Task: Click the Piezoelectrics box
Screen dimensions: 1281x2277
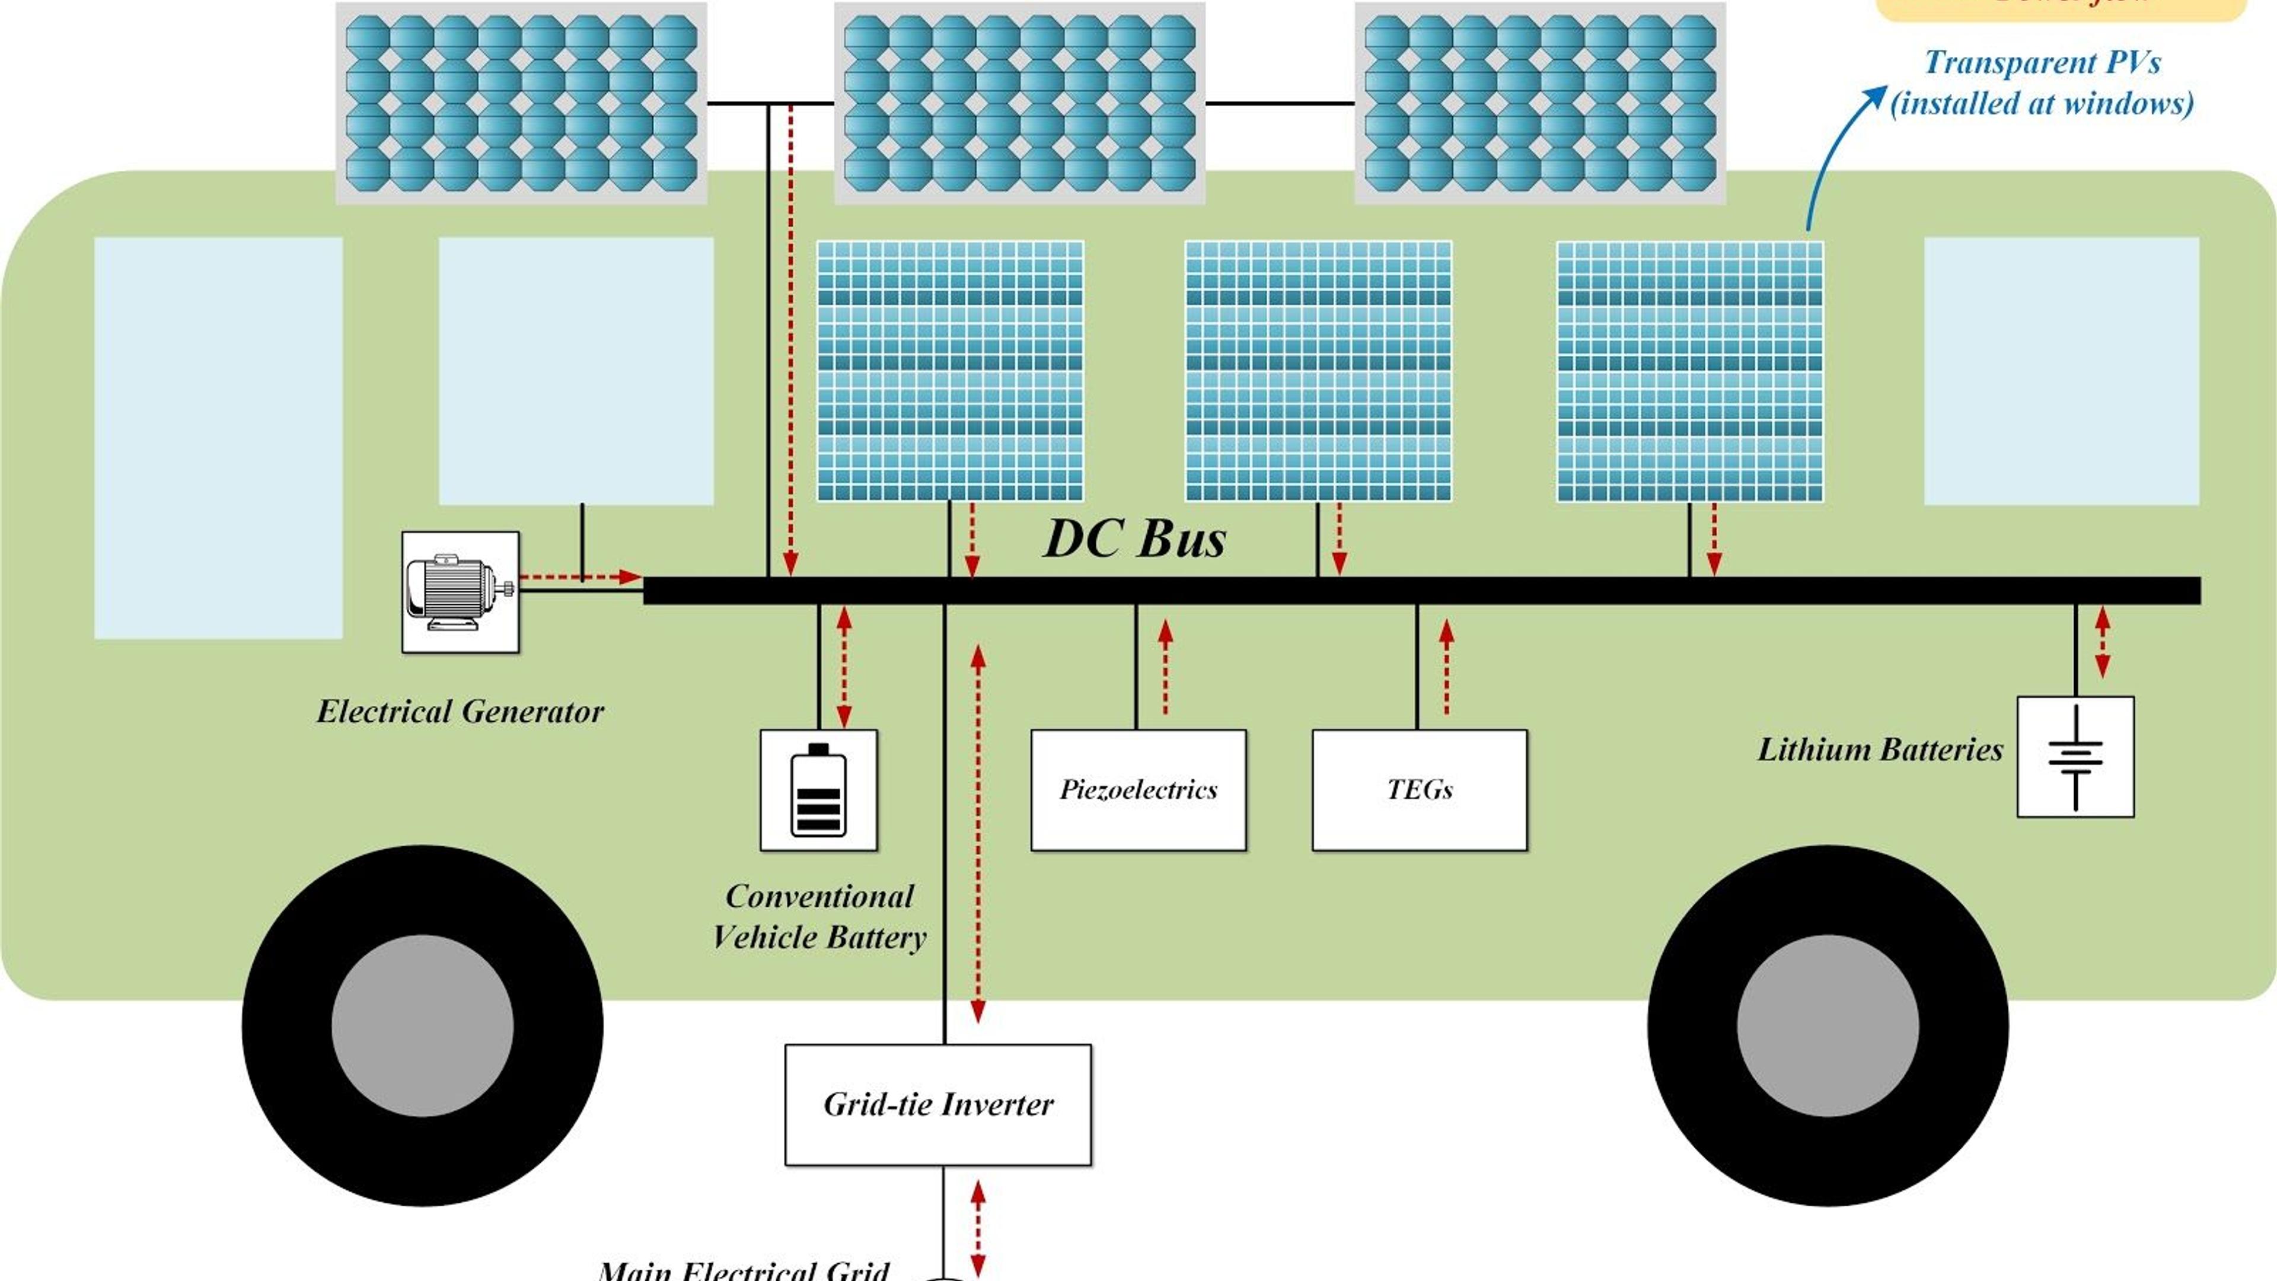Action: (x=1138, y=789)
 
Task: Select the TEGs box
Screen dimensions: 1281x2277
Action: (x=1419, y=789)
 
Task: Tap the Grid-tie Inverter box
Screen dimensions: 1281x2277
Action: (x=938, y=1104)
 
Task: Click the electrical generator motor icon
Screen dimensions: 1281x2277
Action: (x=460, y=591)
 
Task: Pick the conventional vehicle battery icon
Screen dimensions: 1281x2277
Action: (x=818, y=789)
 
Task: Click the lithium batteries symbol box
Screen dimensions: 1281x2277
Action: (x=2075, y=757)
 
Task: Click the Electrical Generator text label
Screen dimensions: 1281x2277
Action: (x=460, y=712)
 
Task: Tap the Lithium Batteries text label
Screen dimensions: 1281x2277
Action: (x=1879, y=750)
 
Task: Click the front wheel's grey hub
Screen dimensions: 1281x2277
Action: (x=423, y=1025)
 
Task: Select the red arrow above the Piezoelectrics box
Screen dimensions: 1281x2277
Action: (x=1166, y=667)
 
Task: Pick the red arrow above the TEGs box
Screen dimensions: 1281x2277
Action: (x=1446, y=667)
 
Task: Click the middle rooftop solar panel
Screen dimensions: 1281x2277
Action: (x=1019, y=103)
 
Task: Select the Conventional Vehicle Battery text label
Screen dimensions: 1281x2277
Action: (x=818, y=917)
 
